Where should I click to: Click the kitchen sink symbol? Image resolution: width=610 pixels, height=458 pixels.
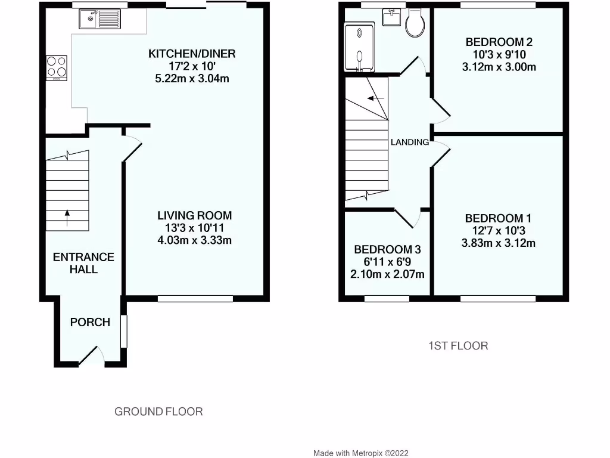tap(99, 20)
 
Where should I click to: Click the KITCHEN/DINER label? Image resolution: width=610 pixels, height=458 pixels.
tap(192, 54)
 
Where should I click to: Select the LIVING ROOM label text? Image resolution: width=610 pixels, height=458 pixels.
tap(194, 215)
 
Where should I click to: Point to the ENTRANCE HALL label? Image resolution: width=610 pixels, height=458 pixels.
tap(83, 263)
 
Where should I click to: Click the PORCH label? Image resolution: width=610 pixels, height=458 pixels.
tap(90, 322)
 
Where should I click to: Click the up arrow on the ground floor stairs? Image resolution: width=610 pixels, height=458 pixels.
tap(66, 218)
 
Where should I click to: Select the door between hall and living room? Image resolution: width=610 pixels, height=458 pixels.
tap(132, 149)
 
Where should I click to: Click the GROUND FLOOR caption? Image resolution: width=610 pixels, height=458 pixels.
tap(158, 411)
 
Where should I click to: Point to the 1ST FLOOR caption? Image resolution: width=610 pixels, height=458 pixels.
tap(459, 345)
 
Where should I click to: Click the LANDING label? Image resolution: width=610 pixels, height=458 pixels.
tap(410, 142)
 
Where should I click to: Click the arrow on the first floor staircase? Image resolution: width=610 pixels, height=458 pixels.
tap(375, 98)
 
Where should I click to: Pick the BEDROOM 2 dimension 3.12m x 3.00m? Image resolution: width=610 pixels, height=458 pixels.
tap(499, 67)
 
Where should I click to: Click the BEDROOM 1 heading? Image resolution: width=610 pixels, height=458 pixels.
tap(498, 218)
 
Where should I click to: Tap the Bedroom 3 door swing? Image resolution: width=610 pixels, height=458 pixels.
tap(408, 218)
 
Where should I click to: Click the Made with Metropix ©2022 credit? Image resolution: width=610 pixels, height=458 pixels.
tap(360, 453)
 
